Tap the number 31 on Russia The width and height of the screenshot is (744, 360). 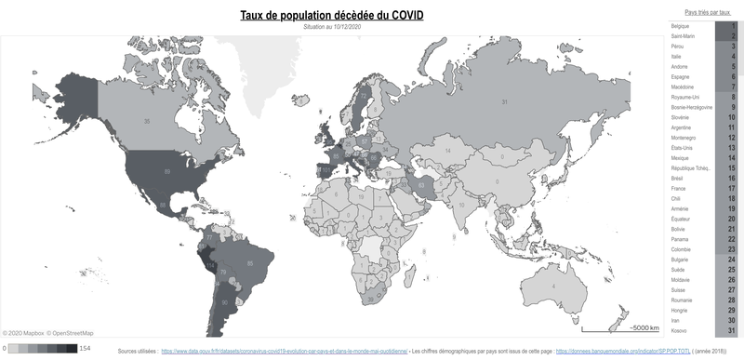tap(505, 100)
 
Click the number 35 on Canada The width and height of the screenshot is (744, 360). tap(147, 121)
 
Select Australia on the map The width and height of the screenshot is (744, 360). tap(554, 286)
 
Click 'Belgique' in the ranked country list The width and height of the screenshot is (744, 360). tap(682, 25)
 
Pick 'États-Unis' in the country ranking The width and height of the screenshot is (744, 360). tap(684, 148)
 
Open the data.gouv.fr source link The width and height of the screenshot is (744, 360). tap(285, 351)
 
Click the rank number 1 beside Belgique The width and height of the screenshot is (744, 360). tap(732, 25)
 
